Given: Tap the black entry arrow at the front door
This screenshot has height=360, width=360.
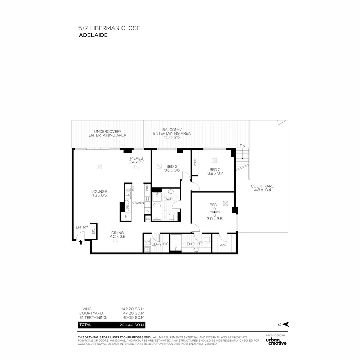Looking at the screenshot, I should click(x=80, y=242).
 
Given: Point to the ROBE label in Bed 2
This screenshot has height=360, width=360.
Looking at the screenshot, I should click(x=195, y=162).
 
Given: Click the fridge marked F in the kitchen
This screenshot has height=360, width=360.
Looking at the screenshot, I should click(x=126, y=216).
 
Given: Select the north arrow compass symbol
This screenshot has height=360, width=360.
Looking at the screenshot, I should click(x=284, y=324).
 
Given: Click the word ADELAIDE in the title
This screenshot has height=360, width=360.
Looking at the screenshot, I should click(x=93, y=35).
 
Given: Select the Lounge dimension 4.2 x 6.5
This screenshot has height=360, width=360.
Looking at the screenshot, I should click(x=99, y=196).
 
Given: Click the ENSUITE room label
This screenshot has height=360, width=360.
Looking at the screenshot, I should click(x=195, y=244).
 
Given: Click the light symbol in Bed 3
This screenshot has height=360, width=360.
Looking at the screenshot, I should click(x=159, y=166).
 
